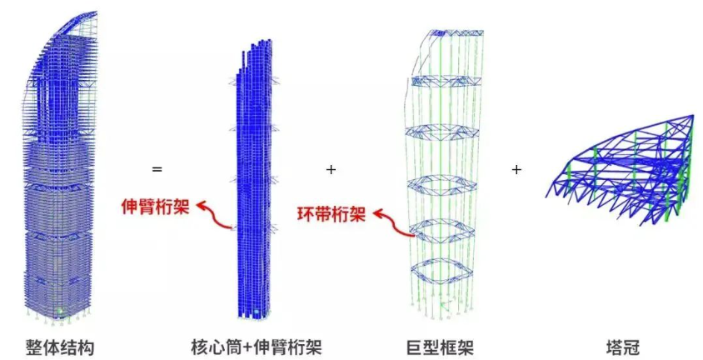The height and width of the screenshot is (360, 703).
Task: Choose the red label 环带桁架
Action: click(x=332, y=215)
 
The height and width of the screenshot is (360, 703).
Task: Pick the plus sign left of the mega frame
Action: click(x=331, y=169)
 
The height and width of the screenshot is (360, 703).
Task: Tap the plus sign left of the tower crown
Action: click(x=516, y=169)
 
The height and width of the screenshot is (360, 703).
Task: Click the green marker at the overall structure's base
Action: click(x=58, y=312)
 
